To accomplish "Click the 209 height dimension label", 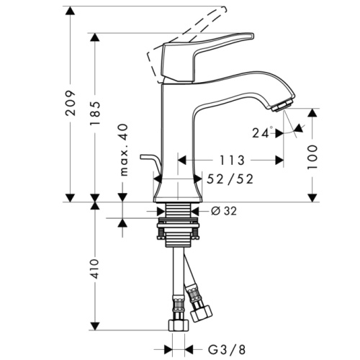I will pos(70,108).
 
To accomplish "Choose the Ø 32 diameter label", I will pos(226,211).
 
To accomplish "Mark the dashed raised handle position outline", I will pos(194,25).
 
